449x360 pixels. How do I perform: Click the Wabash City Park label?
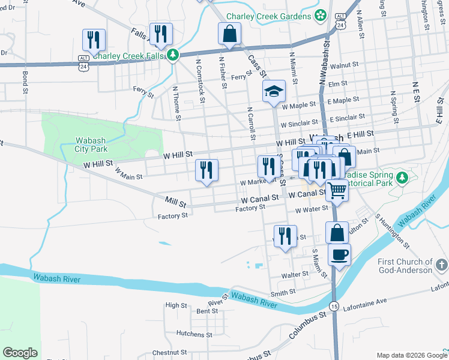click(x=91, y=145)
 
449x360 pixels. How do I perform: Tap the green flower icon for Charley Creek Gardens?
click(x=321, y=14)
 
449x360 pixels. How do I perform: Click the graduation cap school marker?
click(x=274, y=92)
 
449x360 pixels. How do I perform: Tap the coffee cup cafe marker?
click(x=339, y=254)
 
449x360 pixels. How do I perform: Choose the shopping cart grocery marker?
click(x=337, y=191)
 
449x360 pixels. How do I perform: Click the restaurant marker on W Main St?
click(x=206, y=170)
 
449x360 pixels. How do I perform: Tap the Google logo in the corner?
click(x=20, y=352)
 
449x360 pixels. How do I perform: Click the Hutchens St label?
click(x=191, y=332)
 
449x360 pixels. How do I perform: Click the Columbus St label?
click(x=310, y=322)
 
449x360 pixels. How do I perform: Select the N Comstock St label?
click(x=202, y=77)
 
